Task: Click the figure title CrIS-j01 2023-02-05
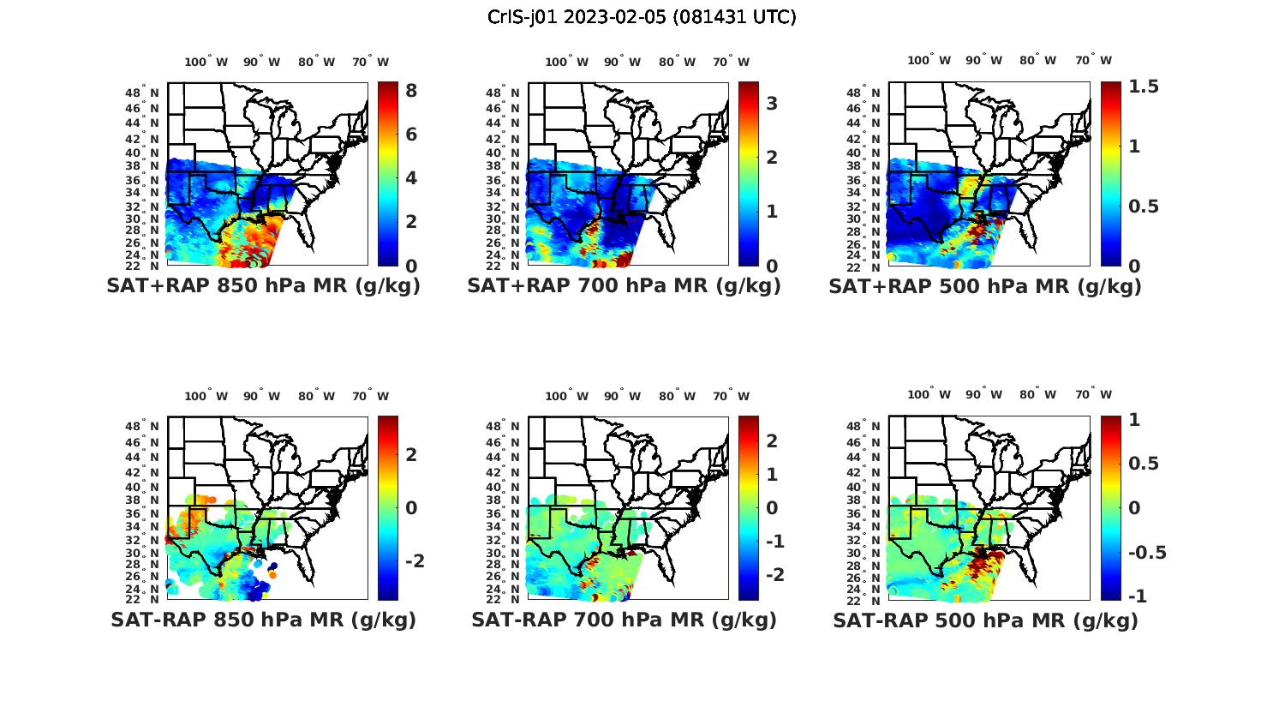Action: pos(642,17)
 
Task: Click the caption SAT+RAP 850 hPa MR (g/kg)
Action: pos(263,286)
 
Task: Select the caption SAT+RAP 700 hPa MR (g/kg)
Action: pos(624,286)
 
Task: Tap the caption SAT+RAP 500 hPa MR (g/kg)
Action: pos(985,286)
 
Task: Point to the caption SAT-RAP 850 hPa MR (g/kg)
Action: pos(263,620)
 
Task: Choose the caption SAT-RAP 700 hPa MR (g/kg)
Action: pos(624,620)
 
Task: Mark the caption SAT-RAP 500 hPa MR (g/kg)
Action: pos(985,620)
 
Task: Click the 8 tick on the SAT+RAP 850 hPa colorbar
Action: pos(411,91)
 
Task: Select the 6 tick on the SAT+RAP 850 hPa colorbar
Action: pos(411,135)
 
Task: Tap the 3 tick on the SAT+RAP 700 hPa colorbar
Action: pos(772,104)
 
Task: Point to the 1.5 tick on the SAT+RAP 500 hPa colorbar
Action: pos(1144,87)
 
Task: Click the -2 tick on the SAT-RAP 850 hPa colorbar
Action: pos(415,560)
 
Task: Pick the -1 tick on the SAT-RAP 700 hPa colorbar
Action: pos(775,542)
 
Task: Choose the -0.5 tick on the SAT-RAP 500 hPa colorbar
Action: pos(1146,552)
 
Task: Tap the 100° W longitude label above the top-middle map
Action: pos(566,62)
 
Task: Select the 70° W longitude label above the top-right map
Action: pos(1093,60)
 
